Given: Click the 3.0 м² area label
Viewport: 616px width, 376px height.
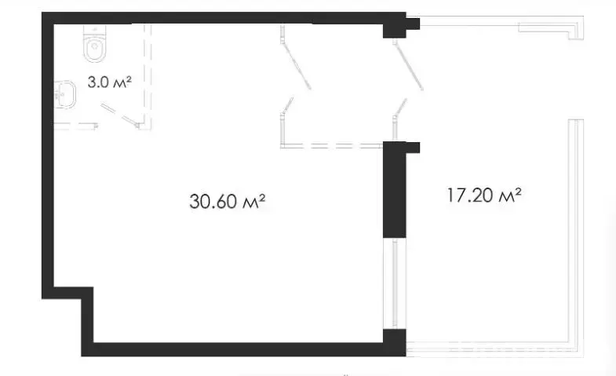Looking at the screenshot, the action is coord(109,82).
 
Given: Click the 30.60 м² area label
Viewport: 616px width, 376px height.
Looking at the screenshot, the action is coord(228,201).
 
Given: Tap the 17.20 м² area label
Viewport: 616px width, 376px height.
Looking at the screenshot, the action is coord(484,195).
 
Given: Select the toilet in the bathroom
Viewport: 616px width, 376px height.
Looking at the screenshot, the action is coord(95,44).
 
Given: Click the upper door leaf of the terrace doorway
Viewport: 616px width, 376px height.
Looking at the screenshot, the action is coord(409,66).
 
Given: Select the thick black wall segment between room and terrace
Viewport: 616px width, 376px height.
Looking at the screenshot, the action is coord(395,190).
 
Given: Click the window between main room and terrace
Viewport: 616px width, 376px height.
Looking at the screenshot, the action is coord(395,283).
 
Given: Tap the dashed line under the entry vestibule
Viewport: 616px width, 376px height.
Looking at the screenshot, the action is coord(332,146).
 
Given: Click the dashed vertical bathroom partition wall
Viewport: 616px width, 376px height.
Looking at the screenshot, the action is coord(148,77).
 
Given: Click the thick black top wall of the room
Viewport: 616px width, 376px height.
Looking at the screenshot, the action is coord(224,18).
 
